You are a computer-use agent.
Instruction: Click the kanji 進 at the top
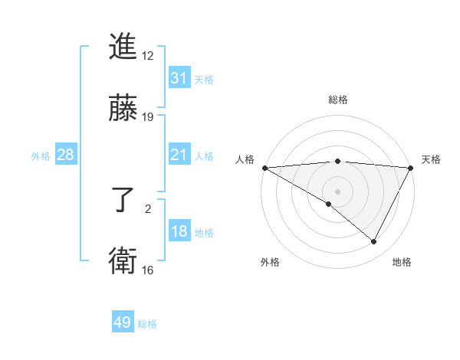pyautogui.click(x=123, y=47)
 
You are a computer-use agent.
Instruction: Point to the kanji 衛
pyautogui.click(x=123, y=260)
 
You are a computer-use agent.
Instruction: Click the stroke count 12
pyautogui.click(x=148, y=57)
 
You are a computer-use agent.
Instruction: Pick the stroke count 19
pyautogui.click(x=148, y=116)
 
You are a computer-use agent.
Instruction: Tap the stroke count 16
pyautogui.click(x=148, y=270)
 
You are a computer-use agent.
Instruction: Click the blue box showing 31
pyautogui.click(x=179, y=78)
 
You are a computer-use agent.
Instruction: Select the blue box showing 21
pyautogui.click(x=179, y=155)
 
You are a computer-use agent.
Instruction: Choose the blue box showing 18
pyautogui.click(x=179, y=231)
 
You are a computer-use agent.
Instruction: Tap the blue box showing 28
pyautogui.click(x=66, y=155)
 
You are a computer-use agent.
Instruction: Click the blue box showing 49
pyautogui.click(x=123, y=322)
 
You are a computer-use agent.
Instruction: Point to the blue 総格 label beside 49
pyautogui.click(x=147, y=324)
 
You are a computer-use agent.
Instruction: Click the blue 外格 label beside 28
pyautogui.click(x=41, y=155)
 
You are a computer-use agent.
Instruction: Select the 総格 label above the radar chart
pyautogui.click(x=338, y=100)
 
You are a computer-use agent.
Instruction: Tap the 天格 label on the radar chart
pyautogui.click(x=431, y=159)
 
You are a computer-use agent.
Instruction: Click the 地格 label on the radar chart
pyautogui.click(x=402, y=262)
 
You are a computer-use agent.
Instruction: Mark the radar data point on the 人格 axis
pyautogui.click(x=264, y=168)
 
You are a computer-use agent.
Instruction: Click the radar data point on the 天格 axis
pyautogui.click(x=411, y=168)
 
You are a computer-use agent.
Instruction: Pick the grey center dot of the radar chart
pyautogui.click(x=338, y=191)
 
